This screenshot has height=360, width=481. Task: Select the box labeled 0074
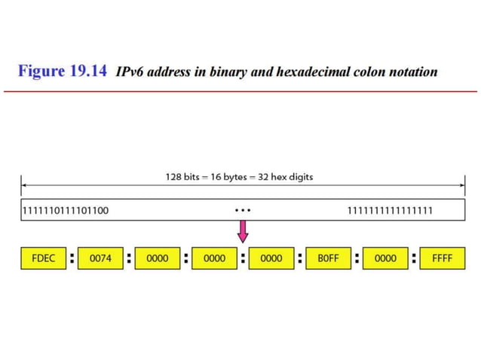100,258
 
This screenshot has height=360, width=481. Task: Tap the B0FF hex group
328,258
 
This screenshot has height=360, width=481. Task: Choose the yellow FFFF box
442,258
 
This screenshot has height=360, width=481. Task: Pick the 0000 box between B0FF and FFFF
385,258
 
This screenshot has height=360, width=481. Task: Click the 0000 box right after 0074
157,258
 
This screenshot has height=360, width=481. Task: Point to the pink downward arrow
242,231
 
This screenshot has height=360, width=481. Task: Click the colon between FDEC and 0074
72,258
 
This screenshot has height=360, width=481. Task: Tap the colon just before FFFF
414,258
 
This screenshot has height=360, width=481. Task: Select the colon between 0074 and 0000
129,258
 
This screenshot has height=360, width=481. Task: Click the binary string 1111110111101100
66,210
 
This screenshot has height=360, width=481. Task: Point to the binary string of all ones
389,210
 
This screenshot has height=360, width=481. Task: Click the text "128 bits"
185,178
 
